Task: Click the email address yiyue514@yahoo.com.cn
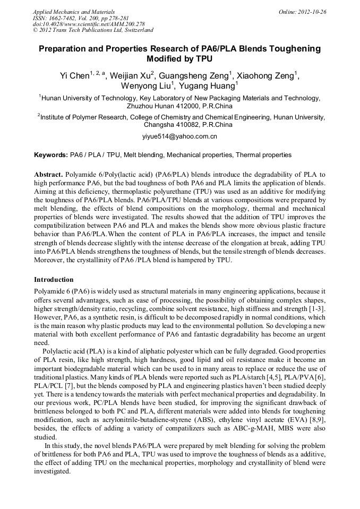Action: pyautogui.click(x=179, y=137)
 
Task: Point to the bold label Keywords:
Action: pyautogui.click(x=51, y=155)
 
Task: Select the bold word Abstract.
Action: pyautogui.click(x=49, y=175)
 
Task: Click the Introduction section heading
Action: pyautogui.click(x=54, y=279)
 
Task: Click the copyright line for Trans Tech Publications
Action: pyautogui.click(x=93, y=30)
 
